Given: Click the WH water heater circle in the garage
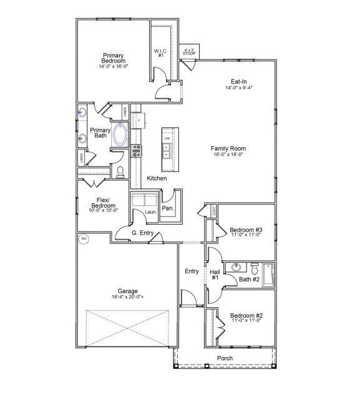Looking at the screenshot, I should [x=83, y=239].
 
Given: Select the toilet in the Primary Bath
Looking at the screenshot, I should [x=121, y=170].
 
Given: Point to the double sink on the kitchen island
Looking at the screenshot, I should [x=167, y=150].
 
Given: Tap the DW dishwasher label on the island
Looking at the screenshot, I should [x=167, y=138].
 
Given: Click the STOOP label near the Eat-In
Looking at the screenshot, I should [x=188, y=52].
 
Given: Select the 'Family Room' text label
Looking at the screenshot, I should [x=228, y=149].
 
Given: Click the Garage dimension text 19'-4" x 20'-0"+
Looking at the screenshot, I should [x=127, y=297].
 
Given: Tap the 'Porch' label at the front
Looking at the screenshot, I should [x=224, y=358].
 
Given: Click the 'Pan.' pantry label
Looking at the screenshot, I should [x=167, y=209].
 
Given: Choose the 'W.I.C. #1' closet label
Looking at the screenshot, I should [x=161, y=53].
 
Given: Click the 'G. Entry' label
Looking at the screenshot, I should [x=142, y=234].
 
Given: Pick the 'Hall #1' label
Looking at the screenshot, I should [x=214, y=275].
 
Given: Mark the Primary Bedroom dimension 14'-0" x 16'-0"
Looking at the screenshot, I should [x=113, y=66].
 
